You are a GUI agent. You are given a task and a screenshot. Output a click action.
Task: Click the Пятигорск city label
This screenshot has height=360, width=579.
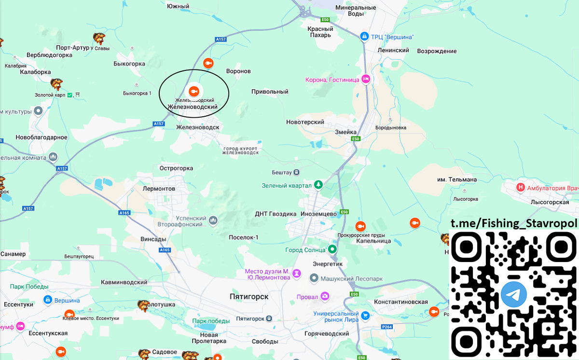(249, 296)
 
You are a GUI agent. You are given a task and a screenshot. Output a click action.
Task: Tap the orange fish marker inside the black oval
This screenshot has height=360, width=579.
(193, 91)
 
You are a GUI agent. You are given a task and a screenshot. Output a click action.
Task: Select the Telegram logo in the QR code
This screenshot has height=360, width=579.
(514, 294)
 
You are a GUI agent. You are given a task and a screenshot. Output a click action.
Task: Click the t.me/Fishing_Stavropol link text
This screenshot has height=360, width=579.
(514, 223)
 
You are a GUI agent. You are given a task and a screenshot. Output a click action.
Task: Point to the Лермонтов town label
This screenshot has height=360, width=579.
(159, 188)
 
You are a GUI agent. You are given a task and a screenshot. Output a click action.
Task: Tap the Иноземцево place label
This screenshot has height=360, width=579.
(318, 213)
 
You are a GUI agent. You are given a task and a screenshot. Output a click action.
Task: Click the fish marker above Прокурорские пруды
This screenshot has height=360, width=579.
(360, 226)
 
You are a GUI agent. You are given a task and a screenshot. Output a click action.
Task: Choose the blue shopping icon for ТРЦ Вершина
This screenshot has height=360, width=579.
(365, 37)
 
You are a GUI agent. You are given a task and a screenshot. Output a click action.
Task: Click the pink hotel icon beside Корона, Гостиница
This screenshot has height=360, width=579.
(366, 79)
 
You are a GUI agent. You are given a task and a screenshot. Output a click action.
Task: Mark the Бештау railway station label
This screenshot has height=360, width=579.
(282, 172)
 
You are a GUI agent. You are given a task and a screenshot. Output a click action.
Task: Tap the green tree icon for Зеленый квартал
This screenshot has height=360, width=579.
(318, 185)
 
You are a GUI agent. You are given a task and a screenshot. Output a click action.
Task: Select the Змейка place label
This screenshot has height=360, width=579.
(346, 132)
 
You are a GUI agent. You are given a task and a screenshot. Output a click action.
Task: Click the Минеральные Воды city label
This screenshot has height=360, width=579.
(356, 11)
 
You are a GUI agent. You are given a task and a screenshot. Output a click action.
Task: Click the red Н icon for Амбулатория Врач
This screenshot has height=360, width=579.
(521, 187)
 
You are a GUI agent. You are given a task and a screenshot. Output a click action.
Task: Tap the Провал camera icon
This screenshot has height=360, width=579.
(326, 295)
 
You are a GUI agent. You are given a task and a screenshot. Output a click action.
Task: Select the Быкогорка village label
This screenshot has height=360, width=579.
(129, 64)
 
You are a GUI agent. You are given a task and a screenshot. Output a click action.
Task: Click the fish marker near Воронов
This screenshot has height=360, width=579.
(208, 63)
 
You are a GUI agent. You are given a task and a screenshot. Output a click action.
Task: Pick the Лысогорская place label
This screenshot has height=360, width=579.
(550, 202)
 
